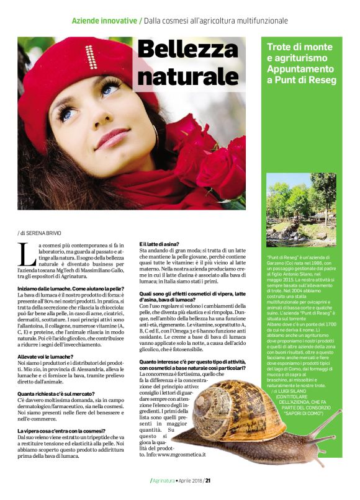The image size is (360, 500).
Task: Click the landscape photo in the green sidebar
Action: [x=301, y=210]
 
